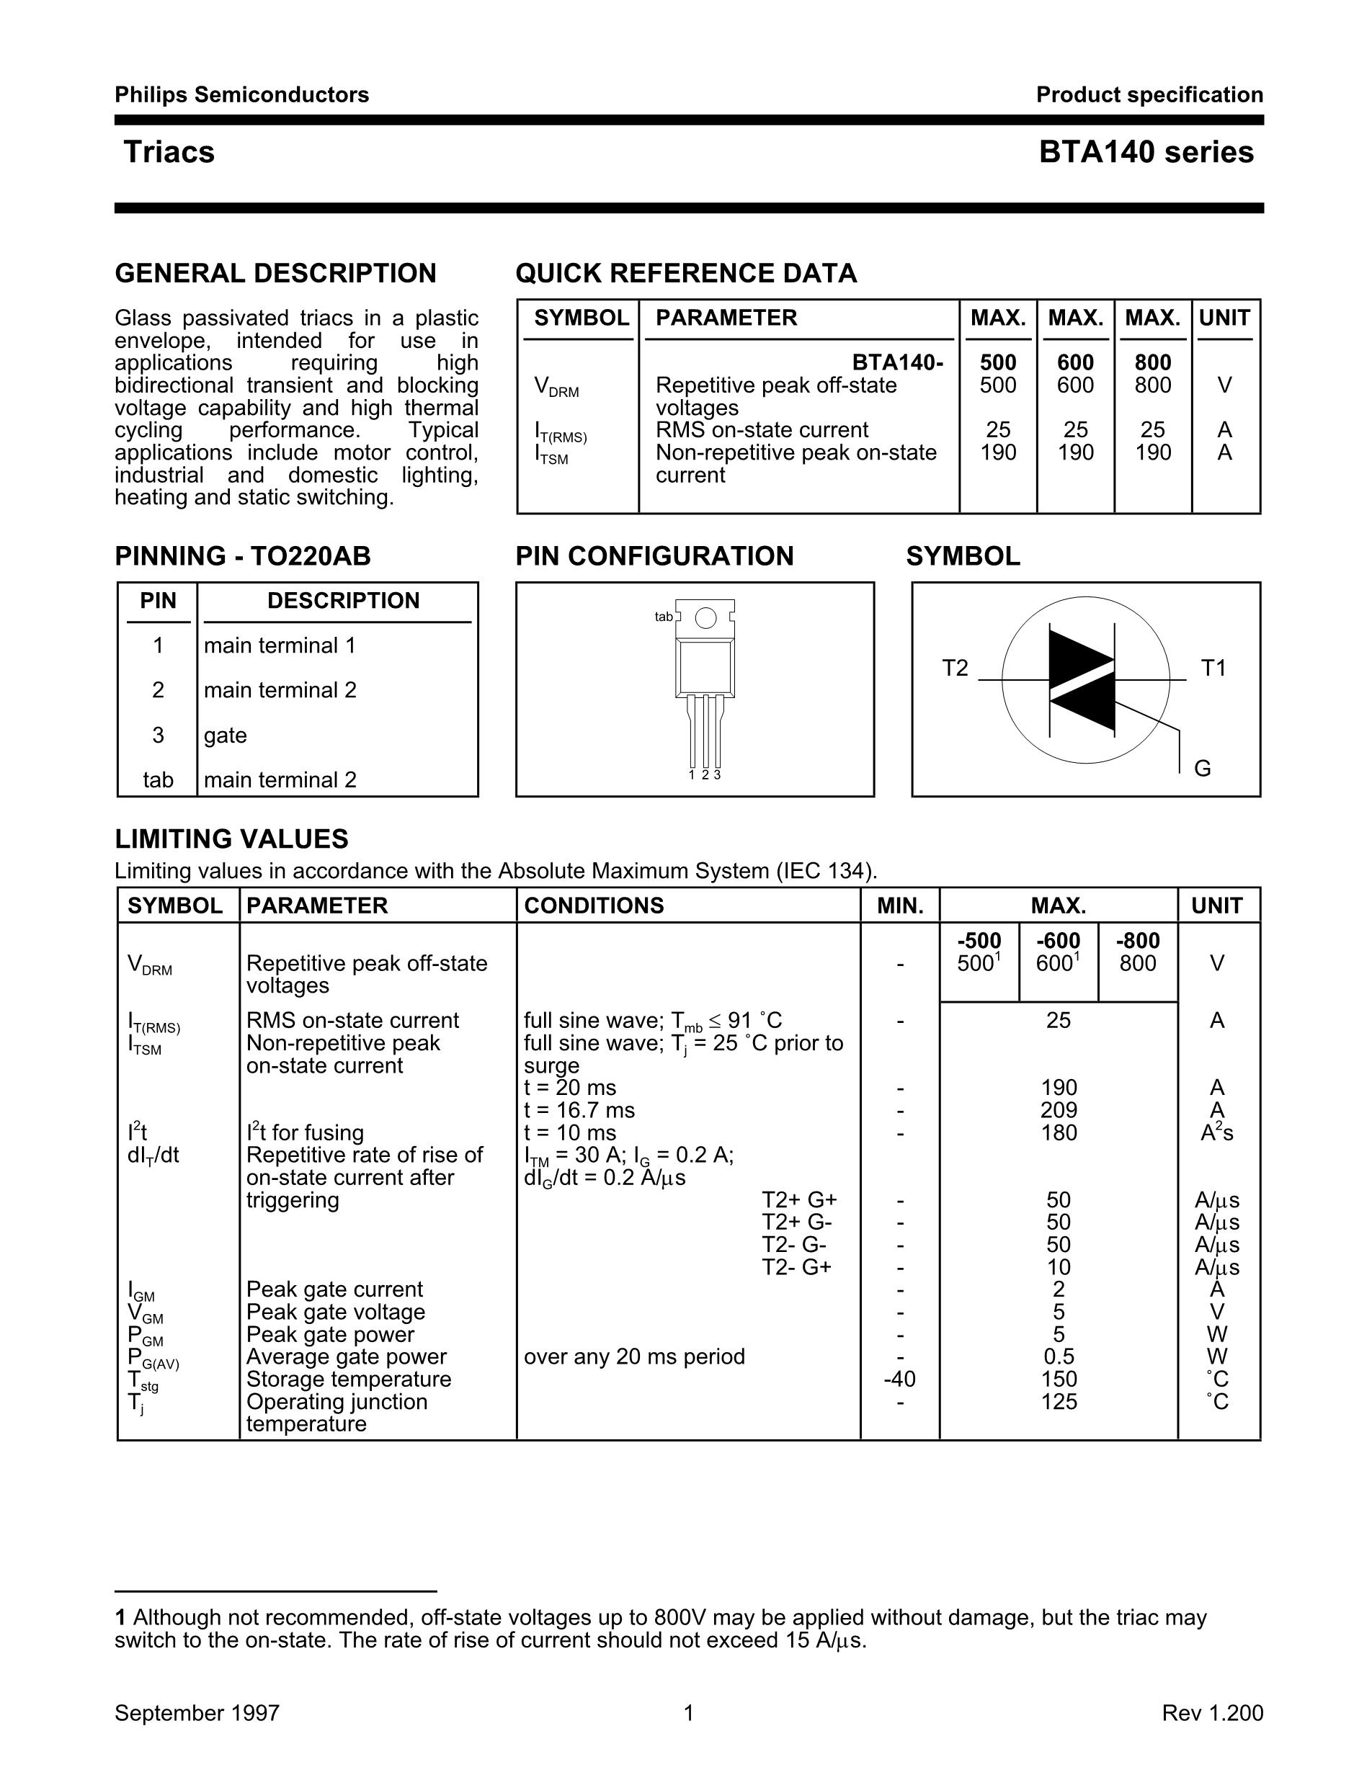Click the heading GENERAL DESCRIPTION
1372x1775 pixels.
point(275,273)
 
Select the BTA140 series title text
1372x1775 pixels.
point(1145,152)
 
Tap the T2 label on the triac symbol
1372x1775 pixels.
point(955,668)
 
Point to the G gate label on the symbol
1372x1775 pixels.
point(1202,768)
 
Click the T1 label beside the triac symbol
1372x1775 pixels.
point(1213,668)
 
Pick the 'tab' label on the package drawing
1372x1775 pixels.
point(663,617)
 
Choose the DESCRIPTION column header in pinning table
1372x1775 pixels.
point(343,601)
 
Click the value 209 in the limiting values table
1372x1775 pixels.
point(1059,1110)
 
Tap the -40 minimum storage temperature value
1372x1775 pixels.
point(899,1380)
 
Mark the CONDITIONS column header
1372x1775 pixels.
point(593,906)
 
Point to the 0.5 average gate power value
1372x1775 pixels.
point(1059,1356)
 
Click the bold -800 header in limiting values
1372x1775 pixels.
point(1137,941)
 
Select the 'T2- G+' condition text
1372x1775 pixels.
point(796,1267)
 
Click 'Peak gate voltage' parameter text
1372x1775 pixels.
point(335,1312)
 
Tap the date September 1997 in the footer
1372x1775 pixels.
point(197,1713)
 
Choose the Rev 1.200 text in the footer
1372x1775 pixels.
point(1212,1713)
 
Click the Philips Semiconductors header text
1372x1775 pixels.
point(241,95)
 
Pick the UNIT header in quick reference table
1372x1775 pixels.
point(1224,318)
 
